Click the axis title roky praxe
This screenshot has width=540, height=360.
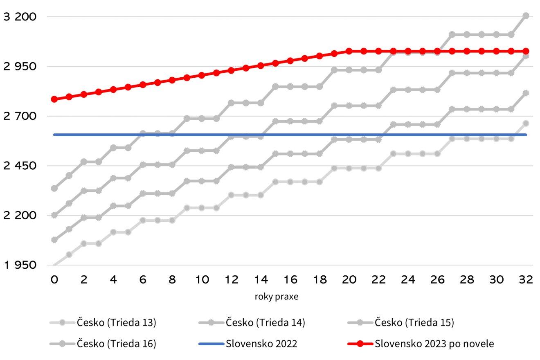(x=276, y=297)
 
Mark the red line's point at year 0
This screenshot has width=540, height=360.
(x=54, y=99)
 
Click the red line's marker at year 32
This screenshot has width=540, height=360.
(x=526, y=51)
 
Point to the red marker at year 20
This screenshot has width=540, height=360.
(x=349, y=51)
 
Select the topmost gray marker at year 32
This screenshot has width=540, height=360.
(x=526, y=16)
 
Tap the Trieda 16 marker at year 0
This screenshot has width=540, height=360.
(x=54, y=188)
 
